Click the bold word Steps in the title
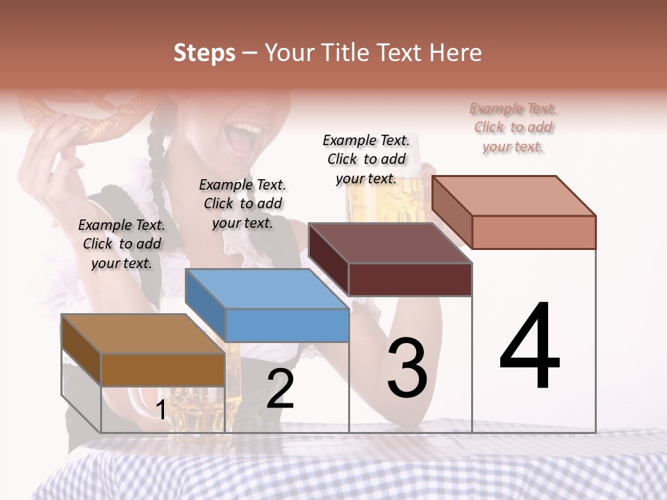204,53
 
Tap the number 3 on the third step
406,367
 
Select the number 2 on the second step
280,389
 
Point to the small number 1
160,410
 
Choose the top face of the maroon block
390,243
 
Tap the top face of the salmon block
513,195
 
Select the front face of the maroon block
410,279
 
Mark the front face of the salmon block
534,232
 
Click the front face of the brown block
163,369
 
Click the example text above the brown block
122,244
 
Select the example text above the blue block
242,203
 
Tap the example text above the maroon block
366,159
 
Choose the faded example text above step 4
513,127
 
